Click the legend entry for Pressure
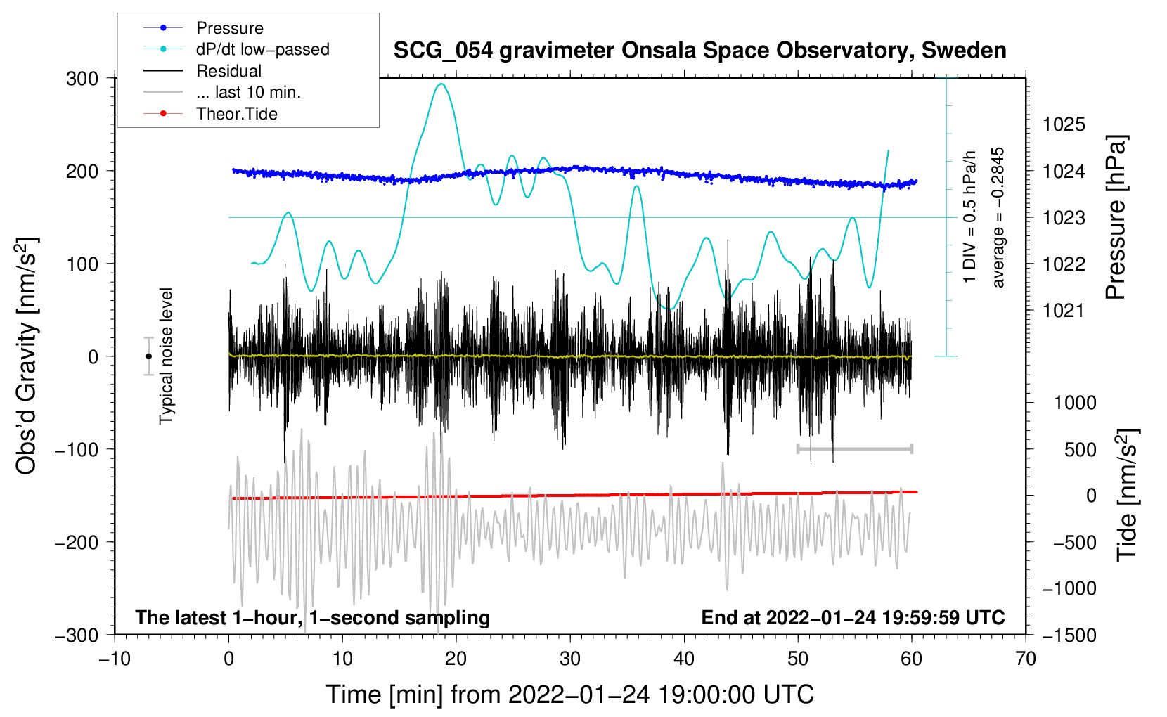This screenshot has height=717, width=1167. point(229,28)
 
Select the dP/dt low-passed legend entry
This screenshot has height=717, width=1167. point(262,49)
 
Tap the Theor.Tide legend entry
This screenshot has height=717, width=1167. point(236,114)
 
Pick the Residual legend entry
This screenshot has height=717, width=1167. point(228,71)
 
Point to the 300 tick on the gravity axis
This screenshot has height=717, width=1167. point(82,79)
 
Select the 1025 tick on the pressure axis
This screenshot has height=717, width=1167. point(1064,125)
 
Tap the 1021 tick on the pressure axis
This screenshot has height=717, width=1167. point(1064,311)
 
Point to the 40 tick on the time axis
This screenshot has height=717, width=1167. point(684,659)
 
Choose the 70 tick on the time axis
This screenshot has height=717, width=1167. point(1026,659)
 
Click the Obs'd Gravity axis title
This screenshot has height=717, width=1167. point(26,356)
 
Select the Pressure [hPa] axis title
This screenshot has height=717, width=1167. point(1116,217)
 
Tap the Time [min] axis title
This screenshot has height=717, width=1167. point(569,695)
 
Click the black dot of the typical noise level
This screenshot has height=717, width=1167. point(148,356)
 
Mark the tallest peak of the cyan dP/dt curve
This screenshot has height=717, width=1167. point(441,84)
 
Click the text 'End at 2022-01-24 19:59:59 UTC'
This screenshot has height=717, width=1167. point(853,617)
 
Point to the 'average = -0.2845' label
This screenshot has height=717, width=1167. point(998,217)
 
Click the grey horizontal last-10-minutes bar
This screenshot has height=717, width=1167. point(854,448)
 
